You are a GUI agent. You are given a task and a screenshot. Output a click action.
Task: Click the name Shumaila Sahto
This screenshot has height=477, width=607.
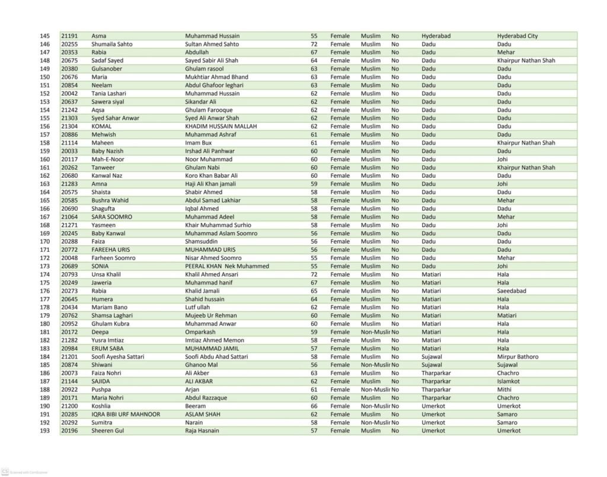(112, 44)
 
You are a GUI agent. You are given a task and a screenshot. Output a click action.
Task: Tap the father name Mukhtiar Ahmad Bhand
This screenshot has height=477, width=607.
(216, 77)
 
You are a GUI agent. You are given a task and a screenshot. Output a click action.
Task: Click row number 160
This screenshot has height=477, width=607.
(44, 159)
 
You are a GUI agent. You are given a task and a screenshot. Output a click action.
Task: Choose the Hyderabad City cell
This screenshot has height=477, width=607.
(517, 36)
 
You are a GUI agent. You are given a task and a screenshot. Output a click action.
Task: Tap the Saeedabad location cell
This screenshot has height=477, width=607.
(512, 291)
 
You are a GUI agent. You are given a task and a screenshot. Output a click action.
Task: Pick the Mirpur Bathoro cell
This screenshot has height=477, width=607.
(517, 357)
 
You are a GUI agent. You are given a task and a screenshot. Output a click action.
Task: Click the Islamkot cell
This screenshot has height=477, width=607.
(509, 382)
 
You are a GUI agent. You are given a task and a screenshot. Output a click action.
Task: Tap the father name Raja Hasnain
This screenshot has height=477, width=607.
(202, 431)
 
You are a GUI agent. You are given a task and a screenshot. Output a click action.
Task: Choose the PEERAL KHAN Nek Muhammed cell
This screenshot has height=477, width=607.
(227, 266)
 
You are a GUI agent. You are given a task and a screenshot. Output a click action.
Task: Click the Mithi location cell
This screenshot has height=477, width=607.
(504, 390)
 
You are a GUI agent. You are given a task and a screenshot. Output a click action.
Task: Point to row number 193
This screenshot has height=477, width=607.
(44, 431)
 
